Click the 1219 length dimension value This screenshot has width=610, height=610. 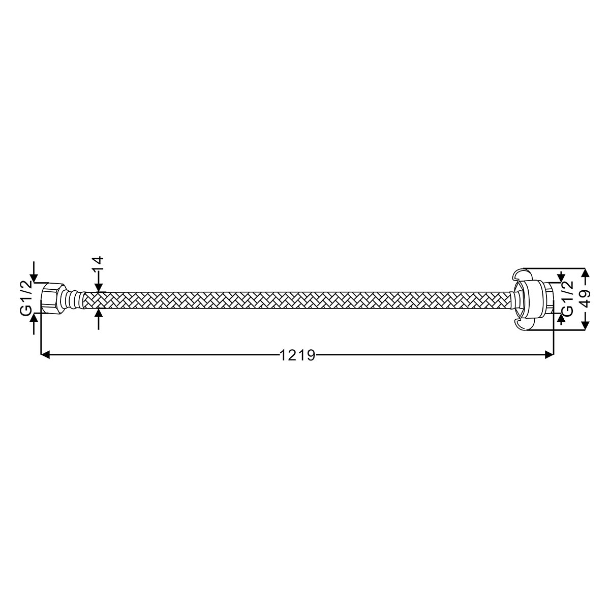(x=297, y=355)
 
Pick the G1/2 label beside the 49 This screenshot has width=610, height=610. (x=568, y=298)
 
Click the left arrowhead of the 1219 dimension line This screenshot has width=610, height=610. (x=46, y=355)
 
